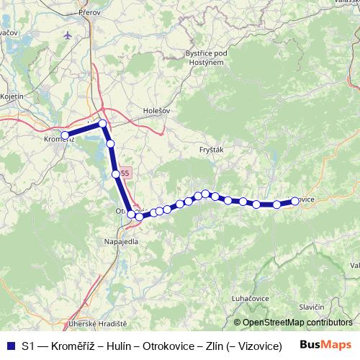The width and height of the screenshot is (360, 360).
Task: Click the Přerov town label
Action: [93, 12]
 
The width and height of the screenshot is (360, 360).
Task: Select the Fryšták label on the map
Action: [210, 149]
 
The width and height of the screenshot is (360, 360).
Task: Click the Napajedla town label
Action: [121, 241]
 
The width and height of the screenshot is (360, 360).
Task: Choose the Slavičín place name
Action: [312, 308]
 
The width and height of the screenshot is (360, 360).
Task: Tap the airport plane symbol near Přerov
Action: [68, 35]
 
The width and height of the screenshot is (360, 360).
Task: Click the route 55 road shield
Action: [125, 173]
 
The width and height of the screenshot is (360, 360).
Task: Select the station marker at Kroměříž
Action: [65, 135]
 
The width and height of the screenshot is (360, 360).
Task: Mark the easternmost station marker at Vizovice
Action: [294, 202]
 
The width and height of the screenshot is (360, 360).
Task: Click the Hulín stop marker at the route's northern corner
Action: [103, 124]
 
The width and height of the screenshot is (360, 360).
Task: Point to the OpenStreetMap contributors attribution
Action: [297, 323]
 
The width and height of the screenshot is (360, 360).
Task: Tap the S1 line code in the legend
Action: [27, 346]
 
